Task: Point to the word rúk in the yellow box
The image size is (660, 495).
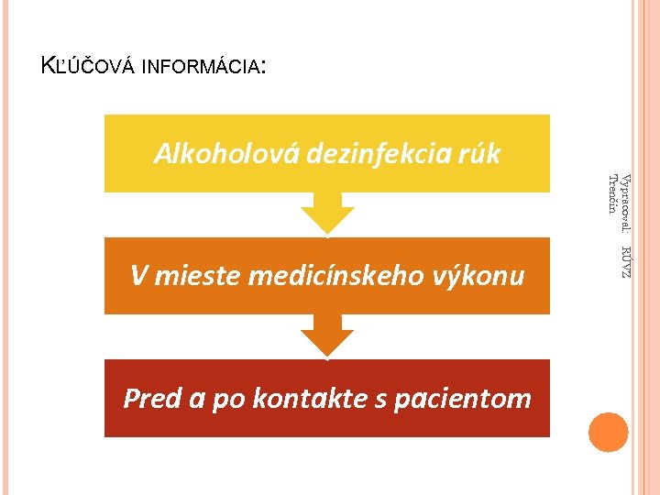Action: click(479, 153)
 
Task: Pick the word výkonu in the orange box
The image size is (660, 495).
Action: click(484, 275)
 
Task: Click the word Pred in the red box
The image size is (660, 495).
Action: click(150, 399)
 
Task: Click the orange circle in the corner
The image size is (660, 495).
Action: click(609, 432)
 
